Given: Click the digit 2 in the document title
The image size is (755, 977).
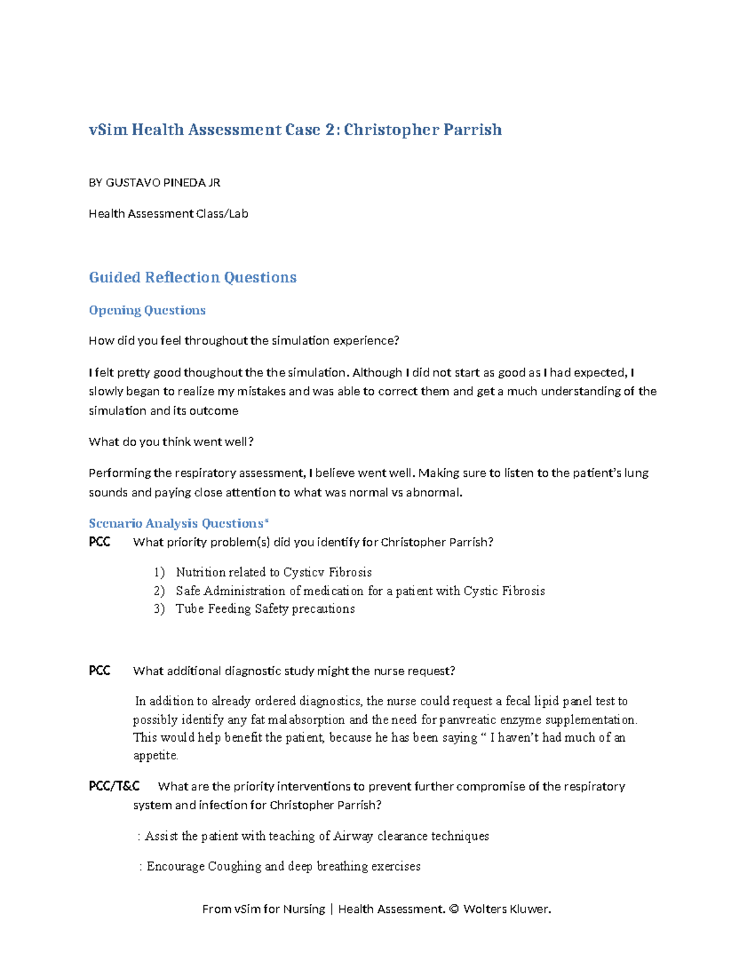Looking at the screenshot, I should (x=331, y=130).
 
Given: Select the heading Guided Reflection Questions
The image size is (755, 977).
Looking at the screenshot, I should (x=193, y=277).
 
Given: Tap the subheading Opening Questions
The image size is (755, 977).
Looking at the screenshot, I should (x=147, y=310).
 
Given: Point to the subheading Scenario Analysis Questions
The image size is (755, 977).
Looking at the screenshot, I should (x=179, y=523).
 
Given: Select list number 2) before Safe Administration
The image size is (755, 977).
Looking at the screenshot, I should (x=159, y=591).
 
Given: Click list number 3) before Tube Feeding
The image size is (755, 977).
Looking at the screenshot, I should (x=159, y=609).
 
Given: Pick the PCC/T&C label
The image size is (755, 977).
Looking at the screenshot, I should (x=114, y=786).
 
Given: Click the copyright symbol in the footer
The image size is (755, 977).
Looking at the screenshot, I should (x=454, y=909).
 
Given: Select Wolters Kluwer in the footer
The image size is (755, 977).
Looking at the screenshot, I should (x=507, y=909).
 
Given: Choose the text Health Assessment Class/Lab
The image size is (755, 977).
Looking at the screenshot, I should (x=169, y=214).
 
